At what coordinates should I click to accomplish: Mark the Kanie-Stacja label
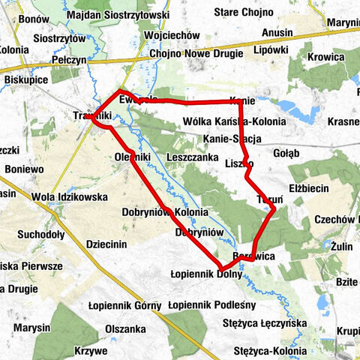pyautogui.click(x=232, y=139)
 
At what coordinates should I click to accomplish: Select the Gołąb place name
pyautogui.click(x=286, y=154)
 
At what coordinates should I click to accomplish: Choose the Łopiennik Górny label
pyautogui.click(x=114, y=305)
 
